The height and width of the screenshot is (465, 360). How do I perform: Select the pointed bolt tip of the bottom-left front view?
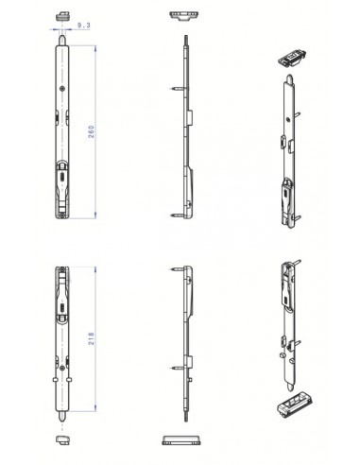63,417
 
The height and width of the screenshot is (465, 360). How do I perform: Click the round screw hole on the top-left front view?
62,90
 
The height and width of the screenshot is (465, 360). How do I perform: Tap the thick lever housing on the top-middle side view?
192,180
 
